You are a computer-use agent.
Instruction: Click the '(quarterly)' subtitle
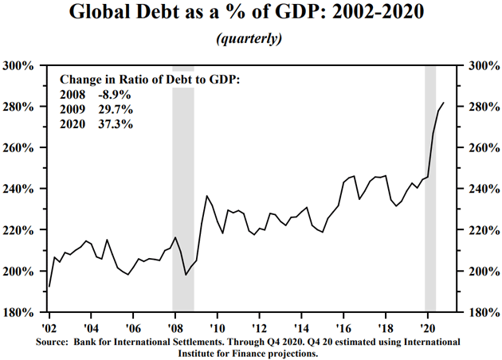point(251,37)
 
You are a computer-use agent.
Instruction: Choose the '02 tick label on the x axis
point(49,326)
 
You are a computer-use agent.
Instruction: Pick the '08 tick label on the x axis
point(172,326)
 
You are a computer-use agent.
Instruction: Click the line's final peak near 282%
point(444,103)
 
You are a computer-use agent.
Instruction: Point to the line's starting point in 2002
point(49,286)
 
